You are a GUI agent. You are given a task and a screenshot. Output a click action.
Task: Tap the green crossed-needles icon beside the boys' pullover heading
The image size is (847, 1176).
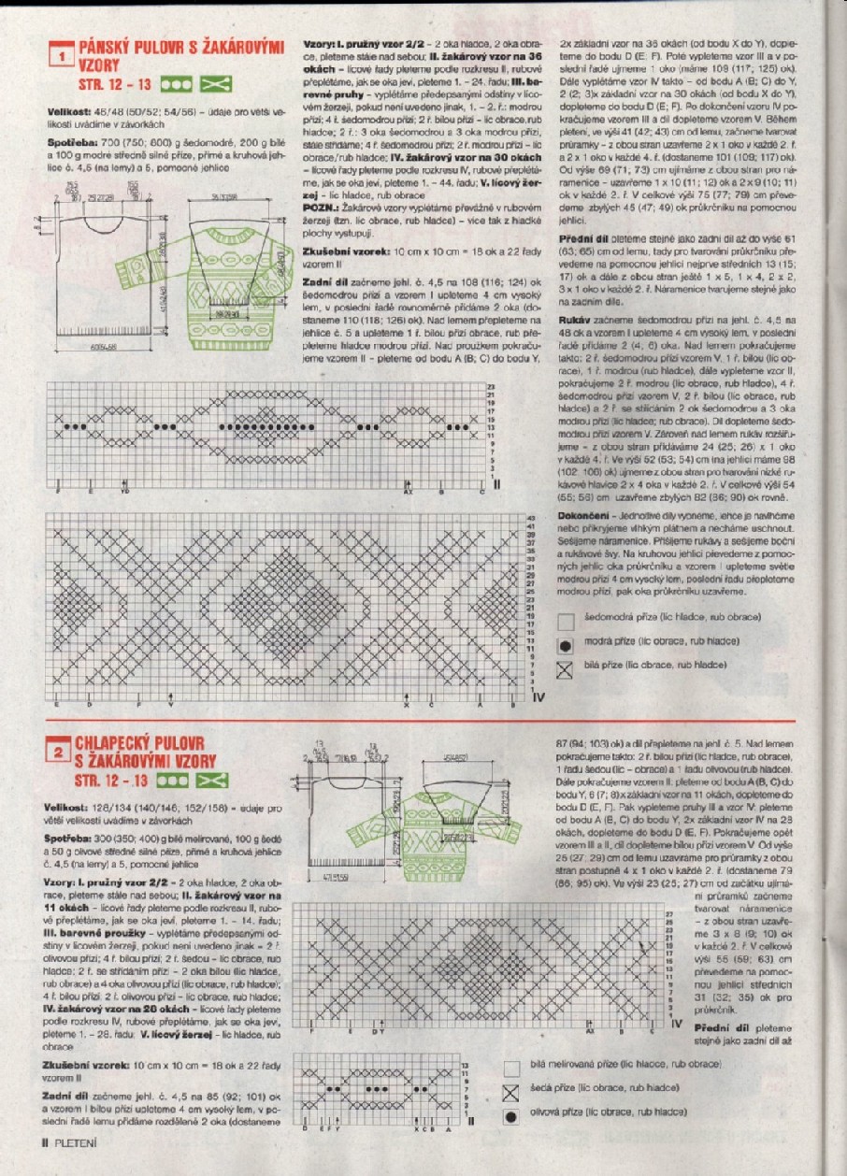(215, 779)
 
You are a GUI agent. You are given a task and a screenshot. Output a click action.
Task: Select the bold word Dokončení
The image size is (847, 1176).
(584, 516)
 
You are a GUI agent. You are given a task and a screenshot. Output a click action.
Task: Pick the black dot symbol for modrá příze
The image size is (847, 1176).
(564, 645)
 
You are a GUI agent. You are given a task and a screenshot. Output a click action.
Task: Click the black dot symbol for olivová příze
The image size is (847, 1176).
(510, 1116)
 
